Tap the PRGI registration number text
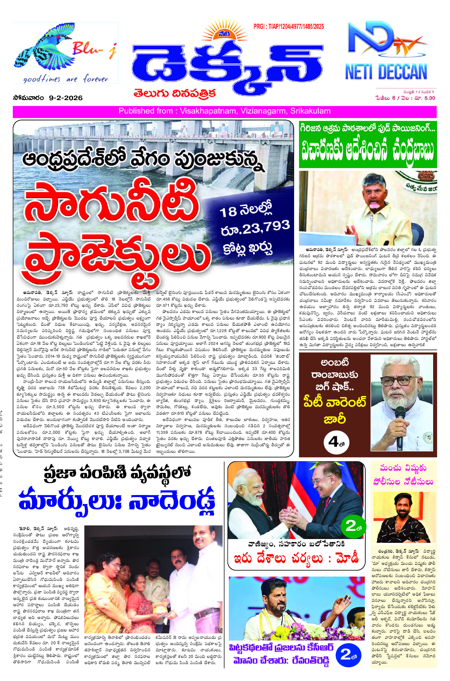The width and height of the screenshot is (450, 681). click(x=288, y=27)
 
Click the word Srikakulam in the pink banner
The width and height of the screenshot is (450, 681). click(x=310, y=111)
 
